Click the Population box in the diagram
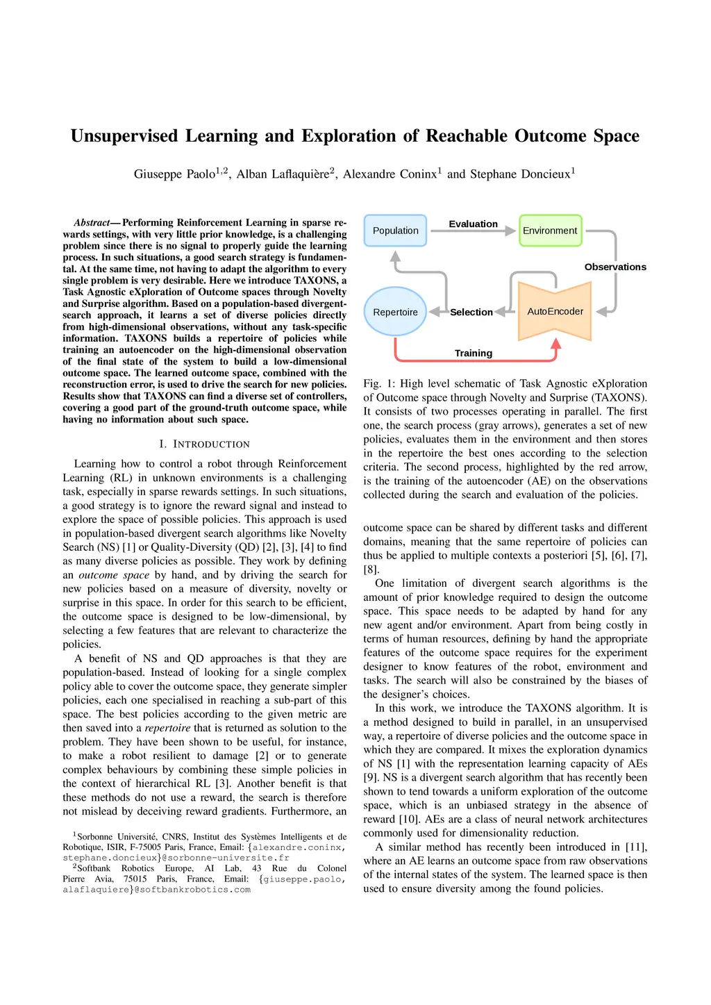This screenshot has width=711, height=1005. tap(395, 231)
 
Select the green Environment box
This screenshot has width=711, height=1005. tap(550, 231)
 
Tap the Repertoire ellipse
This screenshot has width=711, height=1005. tap(395, 312)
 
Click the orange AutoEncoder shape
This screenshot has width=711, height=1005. tap(555, 311)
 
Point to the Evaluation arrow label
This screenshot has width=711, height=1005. tap(473, 224)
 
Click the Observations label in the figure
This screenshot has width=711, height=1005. tap(615, 267)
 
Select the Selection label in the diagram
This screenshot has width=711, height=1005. tap(471, 312)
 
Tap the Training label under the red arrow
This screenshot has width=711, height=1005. tap(474, 353)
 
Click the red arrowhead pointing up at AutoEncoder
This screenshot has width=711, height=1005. tap(555, 343)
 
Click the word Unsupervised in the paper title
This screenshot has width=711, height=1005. tap(124, 135)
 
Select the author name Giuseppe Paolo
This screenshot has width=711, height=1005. tap(174, 174)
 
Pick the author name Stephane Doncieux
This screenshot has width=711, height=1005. tap(520, 174)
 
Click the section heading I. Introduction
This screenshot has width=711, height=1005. tap(204, 444)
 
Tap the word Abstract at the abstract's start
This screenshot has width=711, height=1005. tap(92, 222)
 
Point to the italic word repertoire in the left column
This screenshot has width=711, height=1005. tap(167, 728)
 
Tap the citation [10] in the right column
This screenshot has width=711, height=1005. tap(409, 819)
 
